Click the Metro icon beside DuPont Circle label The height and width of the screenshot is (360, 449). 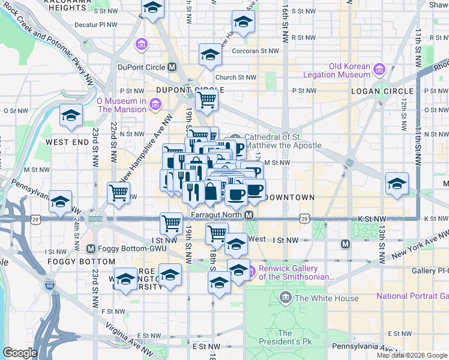[172, 67]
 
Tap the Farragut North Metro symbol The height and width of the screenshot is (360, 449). [248, 215]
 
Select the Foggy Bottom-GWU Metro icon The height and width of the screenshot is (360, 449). [91, 248]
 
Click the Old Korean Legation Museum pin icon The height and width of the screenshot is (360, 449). [379, 70]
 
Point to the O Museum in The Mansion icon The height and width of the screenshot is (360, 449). [155, 105]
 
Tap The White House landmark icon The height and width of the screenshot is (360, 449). [285, 298]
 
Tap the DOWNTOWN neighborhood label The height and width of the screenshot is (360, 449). [289, 197]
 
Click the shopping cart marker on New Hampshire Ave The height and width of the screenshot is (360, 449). [118, 193]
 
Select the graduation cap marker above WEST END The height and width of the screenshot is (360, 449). [71, 115]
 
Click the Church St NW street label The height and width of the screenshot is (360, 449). [236, 77]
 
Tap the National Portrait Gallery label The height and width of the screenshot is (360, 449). [412, 296]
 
